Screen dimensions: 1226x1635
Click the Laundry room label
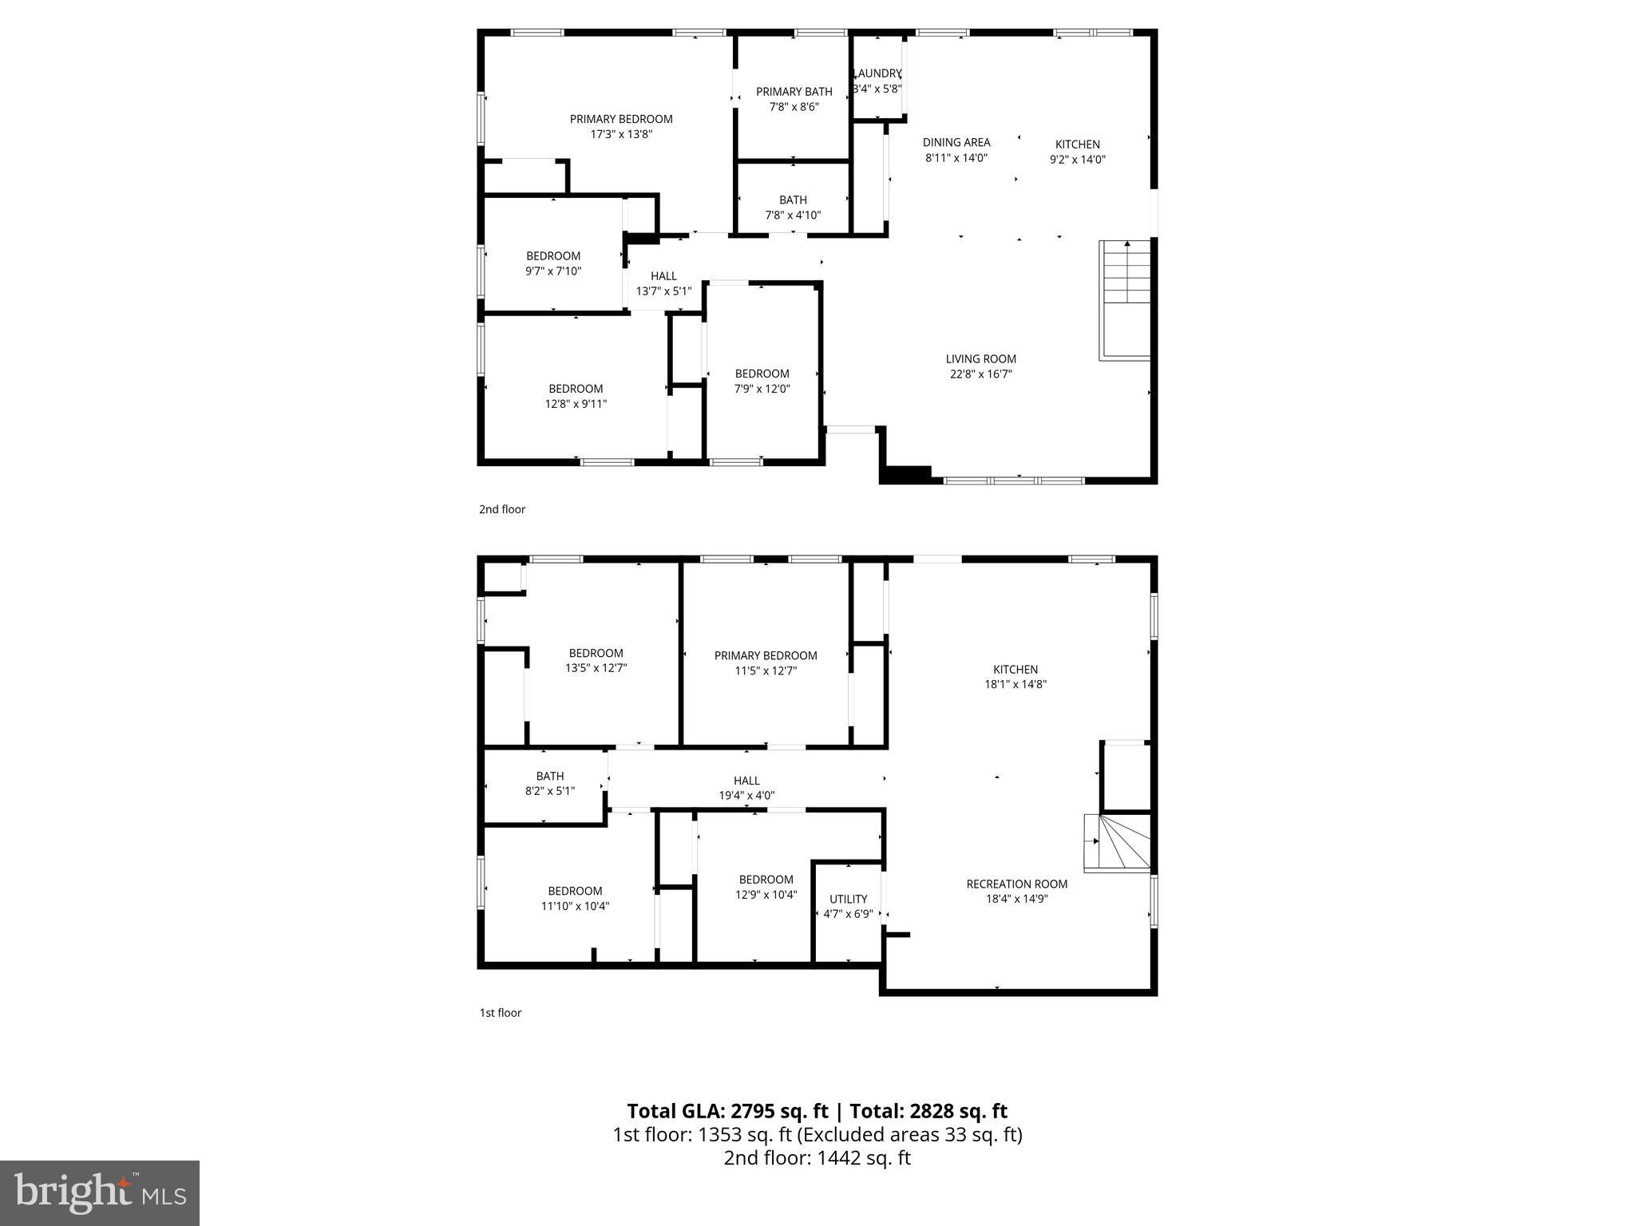[877, 73]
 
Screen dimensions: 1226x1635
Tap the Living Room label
[980, 359]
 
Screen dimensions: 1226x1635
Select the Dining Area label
[956, 143]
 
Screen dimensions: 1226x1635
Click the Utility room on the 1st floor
[848, 907]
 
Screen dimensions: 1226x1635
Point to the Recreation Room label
[1016, 884]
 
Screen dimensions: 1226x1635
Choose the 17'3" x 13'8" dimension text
[621, 135]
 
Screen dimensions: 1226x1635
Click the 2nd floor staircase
[1126, 299]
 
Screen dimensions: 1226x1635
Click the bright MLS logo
[100, 1193]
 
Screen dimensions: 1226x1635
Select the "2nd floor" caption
[502, 509]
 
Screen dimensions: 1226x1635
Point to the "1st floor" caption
[501, 1013]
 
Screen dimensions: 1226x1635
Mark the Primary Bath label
[794, 92]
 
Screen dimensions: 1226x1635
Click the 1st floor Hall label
[746, 781]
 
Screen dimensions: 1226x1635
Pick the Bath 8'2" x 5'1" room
[549, 784]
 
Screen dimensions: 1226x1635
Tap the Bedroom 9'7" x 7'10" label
[552, 256]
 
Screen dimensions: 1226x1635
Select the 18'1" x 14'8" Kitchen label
[1015, 670]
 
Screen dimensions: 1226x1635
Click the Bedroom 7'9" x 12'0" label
[762, 374]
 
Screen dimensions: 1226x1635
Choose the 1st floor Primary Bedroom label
[766, 656]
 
